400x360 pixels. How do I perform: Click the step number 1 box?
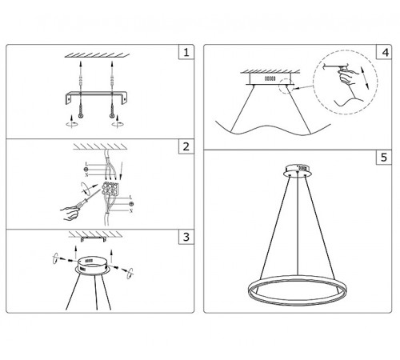point(185,54)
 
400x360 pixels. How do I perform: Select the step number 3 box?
point(185,238)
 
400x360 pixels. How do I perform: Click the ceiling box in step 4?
point(268,80)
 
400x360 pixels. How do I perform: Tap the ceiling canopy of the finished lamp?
point(300,170)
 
